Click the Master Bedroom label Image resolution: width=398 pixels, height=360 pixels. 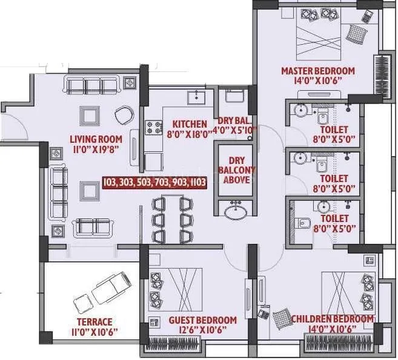point(317,71)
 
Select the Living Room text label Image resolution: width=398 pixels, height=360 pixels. point(96,138)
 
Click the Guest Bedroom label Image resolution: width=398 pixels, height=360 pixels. point(202,320)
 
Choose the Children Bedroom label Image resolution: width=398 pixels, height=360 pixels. point(332,319)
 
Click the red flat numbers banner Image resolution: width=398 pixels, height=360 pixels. point(154,182)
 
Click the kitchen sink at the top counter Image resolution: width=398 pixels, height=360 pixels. point(196,97)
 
